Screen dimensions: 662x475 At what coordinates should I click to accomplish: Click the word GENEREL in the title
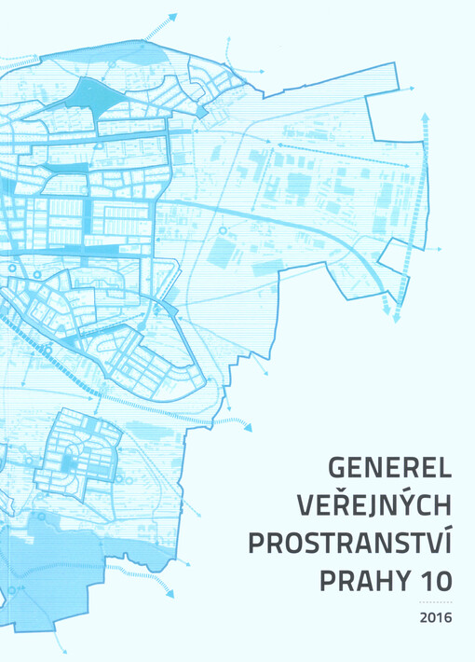coord(390,464)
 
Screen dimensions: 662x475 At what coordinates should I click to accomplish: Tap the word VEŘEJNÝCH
coord(374,503)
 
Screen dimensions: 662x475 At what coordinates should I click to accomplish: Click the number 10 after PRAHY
coord(431,581)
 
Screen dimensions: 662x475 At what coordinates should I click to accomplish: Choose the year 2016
coord(435,617)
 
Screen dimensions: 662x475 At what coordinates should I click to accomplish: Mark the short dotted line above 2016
coord(435,603)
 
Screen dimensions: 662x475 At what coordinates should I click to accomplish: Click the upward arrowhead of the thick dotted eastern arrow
coord(425,117)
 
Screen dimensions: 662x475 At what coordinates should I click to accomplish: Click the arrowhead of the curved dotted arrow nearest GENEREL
coord(249,425)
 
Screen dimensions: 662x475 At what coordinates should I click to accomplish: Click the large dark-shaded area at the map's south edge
coord(56,569)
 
